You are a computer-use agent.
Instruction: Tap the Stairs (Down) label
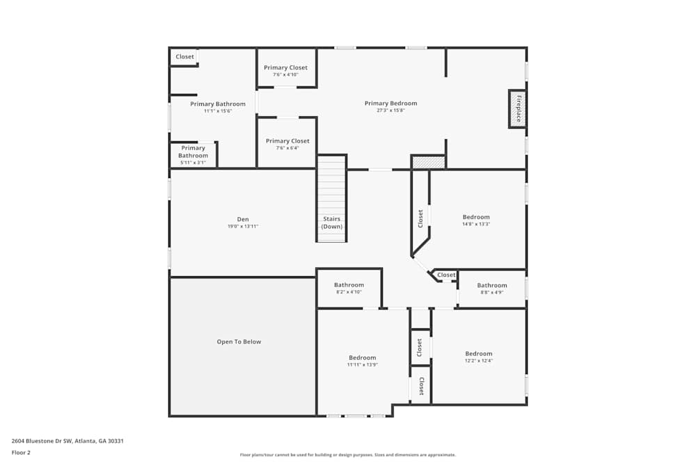click(332, 223)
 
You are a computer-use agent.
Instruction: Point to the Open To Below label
click(239, 342)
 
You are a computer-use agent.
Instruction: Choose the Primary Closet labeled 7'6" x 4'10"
click(285, 71)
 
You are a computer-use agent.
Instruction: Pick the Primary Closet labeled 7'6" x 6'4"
click(287, 144)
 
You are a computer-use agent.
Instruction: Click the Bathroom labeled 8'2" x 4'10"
click(349, 288)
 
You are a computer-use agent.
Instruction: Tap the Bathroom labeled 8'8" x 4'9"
click(491, 289)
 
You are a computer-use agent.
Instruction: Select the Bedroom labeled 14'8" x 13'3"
click(476, 220)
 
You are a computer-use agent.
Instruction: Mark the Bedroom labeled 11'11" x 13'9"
click(362, 361)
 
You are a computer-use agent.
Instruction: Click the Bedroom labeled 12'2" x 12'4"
click(478, 357)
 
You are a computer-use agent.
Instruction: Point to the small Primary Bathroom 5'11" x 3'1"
click(193, 154)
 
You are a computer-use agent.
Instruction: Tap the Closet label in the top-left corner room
click(184, 57)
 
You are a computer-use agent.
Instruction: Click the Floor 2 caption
click(21, 452)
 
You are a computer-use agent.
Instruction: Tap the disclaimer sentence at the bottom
click(348, 455)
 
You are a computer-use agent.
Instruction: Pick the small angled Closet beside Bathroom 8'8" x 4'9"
click(446, 275)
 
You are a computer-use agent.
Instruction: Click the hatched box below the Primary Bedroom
click(428, 162)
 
